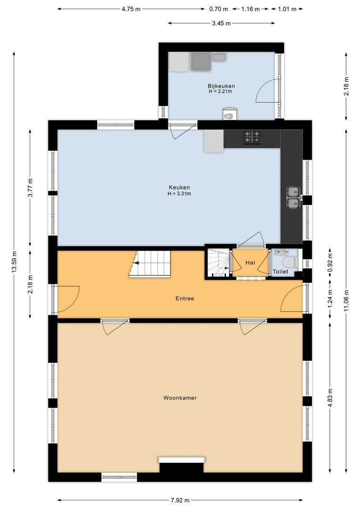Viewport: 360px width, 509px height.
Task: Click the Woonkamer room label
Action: (180, 398)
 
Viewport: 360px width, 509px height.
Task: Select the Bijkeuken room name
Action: (221, 86)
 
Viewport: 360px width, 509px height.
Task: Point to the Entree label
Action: (185, 298)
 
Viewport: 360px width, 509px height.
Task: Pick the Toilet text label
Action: (280, 272)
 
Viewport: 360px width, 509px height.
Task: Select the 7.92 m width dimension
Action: (180, 500)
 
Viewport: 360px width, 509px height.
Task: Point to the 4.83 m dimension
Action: (330, 397)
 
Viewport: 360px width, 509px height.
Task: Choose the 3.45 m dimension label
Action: (221, 23)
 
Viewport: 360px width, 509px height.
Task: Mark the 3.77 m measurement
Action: (30, 187)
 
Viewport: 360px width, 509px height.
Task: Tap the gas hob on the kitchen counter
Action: (252, 137)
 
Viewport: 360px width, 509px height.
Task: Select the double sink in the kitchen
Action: (294, 197)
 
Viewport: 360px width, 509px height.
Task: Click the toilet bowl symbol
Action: (288, 262)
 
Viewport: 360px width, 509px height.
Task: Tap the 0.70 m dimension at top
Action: (218, 9)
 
